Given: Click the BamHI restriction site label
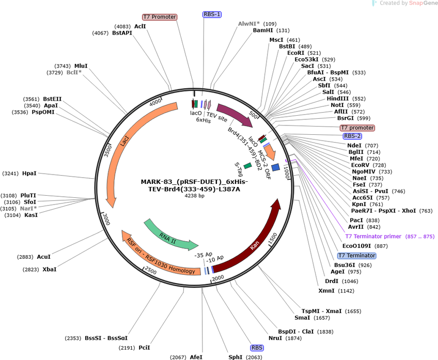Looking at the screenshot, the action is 263,30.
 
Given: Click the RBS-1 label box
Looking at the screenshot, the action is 212,14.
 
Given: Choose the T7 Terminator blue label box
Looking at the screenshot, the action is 357,256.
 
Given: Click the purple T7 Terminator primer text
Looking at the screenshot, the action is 373,236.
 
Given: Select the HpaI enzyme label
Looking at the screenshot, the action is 29,174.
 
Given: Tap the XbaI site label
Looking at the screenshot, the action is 50,270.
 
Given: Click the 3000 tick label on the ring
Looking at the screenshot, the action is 107,219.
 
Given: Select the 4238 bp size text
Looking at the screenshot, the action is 194,196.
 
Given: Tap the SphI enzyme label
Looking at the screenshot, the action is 236,357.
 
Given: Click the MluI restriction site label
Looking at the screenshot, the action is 81,66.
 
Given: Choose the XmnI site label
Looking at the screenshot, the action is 326,291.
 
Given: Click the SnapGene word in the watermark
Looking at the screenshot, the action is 423,3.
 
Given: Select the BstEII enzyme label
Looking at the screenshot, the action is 52,99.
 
